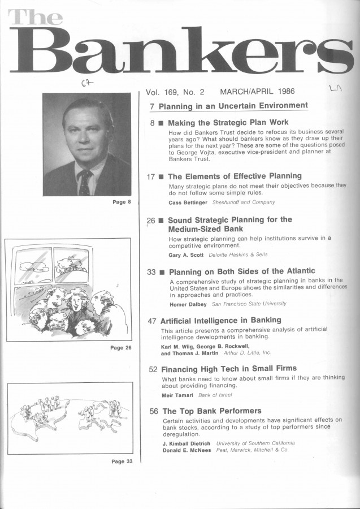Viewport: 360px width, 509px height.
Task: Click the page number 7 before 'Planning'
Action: click(153, 106)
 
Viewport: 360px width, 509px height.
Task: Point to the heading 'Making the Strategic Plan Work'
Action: click(228, 122)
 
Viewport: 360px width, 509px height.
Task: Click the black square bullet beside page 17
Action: click(161, 177)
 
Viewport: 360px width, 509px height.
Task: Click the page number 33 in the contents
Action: click(151, 272)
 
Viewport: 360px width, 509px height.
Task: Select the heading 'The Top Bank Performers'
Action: click(212, 411)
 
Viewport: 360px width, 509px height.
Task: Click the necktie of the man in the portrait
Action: click(85, 183)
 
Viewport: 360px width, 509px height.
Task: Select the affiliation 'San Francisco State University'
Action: click(249, 304)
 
